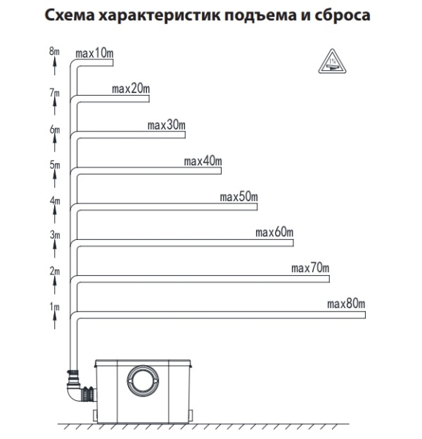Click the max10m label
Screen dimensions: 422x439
click(94, 53)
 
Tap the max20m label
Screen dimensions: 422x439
click(131, 89)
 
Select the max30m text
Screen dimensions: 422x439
click(167, 125)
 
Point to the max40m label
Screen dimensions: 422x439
click(203, 161)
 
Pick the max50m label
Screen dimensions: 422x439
click(238, 197)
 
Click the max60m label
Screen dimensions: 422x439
click(274, 233)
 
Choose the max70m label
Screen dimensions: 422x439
click(310, 269)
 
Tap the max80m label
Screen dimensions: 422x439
click(346, 304)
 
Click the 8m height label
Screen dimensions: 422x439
click(55, 51)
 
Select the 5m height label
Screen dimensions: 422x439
click(55, 165)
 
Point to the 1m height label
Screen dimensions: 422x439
click(55, 307)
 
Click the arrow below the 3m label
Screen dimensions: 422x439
click(55, 248)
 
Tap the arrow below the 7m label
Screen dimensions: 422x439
click(55, 106)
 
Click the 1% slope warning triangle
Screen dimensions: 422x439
click(332, 61)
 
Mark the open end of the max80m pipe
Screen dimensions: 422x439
click(365, 315)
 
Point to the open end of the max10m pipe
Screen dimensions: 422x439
click(113, 63)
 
